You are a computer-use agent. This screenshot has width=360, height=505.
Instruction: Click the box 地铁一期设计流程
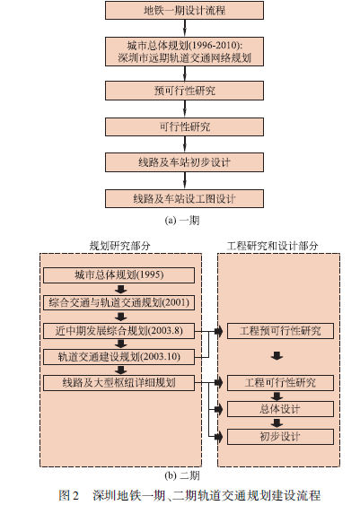[x=184, y=10]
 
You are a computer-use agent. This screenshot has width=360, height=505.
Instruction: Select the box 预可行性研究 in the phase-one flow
[x=184, y=91]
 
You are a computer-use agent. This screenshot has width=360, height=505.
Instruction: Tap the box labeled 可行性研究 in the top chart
[x=184, y=126]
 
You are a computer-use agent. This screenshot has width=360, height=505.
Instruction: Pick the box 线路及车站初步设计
[x=184, y=162]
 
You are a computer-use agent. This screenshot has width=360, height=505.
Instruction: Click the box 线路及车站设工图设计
[x=184, y=198]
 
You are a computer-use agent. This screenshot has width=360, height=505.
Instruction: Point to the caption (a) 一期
[x=182, y=221]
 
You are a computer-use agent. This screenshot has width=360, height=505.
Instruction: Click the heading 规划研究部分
[x=120, y=246]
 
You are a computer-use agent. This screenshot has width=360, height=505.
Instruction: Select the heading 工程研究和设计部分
[x=273, y=246]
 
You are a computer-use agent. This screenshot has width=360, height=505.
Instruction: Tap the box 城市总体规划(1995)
[x=119, y=275]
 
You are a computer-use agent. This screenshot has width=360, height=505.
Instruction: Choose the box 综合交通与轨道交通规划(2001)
[x=119, y=303]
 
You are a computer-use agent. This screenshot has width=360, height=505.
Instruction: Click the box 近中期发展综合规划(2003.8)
[x=119, y=331]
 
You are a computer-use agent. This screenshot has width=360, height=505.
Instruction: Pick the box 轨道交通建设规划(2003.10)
[x=119, y=357]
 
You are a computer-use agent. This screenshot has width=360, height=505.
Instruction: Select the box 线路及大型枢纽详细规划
[x=119, y=383]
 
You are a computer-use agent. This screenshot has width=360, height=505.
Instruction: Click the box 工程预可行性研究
[x=280, y=331]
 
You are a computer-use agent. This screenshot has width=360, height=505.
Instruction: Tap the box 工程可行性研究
[x=280, y=383]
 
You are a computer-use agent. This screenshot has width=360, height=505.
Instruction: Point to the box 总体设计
[x=280, y=409]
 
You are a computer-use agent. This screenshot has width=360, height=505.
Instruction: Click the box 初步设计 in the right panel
[x=280, y=437]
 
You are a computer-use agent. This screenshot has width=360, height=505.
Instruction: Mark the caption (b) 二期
[x=182, y=475]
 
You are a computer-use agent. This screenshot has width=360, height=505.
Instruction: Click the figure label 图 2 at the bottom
[x=68, y=495]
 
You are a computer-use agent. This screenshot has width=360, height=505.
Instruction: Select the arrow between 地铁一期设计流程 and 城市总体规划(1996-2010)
[x=185, y=28]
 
